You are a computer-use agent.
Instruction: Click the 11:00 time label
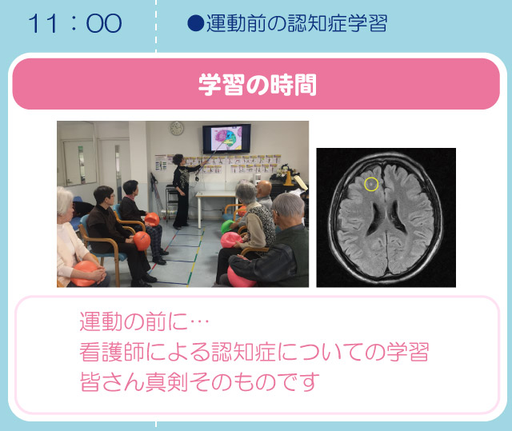click(75, 23)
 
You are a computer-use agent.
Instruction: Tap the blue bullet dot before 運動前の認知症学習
click(195, 23)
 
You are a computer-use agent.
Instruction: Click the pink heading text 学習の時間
click(258, 85)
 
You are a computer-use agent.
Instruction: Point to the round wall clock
click(177, 128)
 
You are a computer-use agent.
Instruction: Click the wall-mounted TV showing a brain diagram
click(226, 138)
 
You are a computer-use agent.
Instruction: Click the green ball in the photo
click(228, 226)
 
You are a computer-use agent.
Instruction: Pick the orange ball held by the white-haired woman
click(84, 273)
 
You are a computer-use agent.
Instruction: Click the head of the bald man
click(264, 189)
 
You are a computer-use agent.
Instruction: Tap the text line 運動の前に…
click(144, 321)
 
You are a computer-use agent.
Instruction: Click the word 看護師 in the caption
click(112, 352)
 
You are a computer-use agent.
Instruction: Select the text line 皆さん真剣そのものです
click(199, 381)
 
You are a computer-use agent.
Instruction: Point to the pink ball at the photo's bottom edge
click(241, 278)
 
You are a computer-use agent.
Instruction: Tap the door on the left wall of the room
click(78, 163)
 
